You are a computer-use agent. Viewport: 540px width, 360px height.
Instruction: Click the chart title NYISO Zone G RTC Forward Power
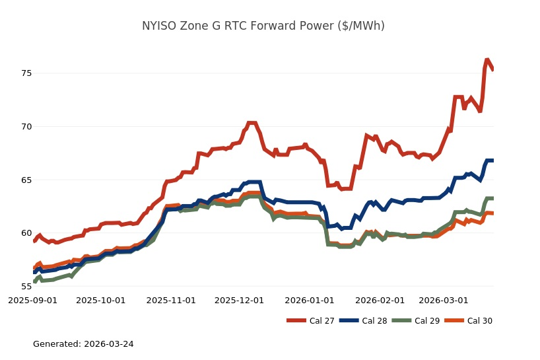[x=263, y=26]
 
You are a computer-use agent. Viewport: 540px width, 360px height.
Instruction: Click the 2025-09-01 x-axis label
[x=32, y=300]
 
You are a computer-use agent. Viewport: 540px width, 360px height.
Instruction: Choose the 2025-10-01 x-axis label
[x=101, y=300]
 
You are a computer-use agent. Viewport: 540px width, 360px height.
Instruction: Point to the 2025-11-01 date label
[x=171, y=300]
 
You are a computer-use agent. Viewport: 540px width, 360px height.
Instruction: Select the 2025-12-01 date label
[x=239, y=300]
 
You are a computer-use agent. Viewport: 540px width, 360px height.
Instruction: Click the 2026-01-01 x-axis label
[x=309, y=300]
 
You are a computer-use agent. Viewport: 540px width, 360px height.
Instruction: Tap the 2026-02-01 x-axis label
[x=380, y=300]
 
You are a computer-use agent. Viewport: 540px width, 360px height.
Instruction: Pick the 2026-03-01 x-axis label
[x=443, y=300]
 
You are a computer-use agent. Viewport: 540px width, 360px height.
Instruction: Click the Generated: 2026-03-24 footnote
[x=83, y=344]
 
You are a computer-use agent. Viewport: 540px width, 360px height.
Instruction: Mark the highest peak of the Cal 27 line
[x=487, y=60]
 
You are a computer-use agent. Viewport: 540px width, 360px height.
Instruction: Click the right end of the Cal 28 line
[x=492, y=161]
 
